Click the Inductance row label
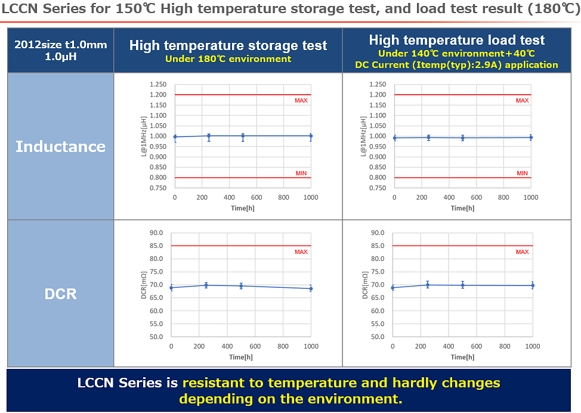pos(60,147)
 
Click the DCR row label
pos(60,294)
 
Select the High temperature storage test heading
pos(228,45)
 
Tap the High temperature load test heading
pos(456,40)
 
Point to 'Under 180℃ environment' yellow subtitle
pos(228,59)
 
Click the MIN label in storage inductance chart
pos(301,173)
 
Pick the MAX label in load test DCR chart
pos(522,252)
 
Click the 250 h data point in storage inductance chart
pos(209,136)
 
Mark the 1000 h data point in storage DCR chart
pos(311,288)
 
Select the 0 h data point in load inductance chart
pos(394,138)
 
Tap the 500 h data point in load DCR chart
pos(462,285)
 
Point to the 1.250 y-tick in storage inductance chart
pos(158,85)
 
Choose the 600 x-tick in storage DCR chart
pos(255,346)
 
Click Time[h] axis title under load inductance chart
pos(462,208)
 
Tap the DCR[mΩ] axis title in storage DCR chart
pos(144,285)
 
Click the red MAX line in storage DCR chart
pos(239,246)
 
